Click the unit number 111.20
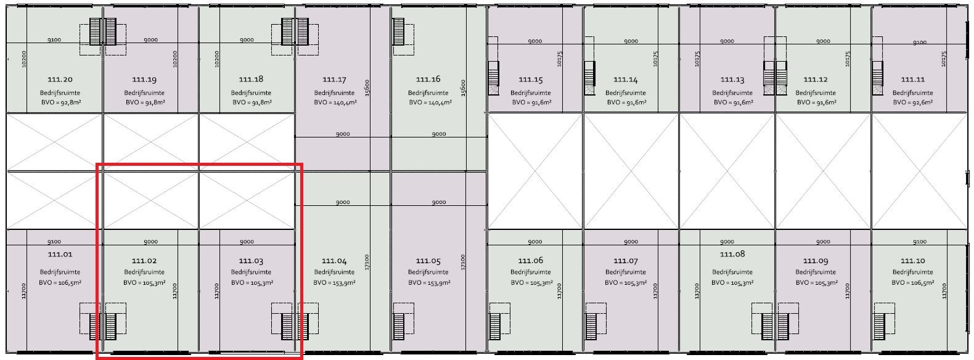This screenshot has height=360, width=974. [x=60, y=80]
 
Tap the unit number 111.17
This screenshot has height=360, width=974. [x=334, y=80]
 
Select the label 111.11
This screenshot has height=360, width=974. [x=913, y=80]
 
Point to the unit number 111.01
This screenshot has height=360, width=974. [x=60, y=255]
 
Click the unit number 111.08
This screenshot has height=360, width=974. [x=732, y=254]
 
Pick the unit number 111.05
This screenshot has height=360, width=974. [x=428, y=261]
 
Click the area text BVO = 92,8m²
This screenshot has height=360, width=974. [x=60, y=102]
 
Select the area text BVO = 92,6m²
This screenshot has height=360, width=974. [x=913, y=102]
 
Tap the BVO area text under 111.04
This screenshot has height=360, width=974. [x=334, y=283]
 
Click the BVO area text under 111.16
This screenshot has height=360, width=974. [x=430, y=102]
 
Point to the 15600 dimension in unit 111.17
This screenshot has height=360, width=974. [x=367, y=88]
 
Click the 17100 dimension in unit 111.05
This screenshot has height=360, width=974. [x=463, y=263]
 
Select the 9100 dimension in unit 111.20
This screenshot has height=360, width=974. [x=54, y=40]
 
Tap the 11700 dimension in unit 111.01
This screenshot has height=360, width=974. [x=24, y=291]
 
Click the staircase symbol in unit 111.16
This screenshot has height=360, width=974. [x=398, y=31]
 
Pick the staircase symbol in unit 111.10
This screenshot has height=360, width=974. [x=879, y=327]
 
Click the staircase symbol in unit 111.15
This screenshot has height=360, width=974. [x=494, y=74]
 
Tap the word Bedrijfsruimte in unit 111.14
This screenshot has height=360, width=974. [x=625, y=93]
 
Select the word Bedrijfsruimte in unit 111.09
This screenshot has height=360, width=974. [x=816, y=272]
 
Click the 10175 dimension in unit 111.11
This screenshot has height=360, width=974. [x=944, y=59]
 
